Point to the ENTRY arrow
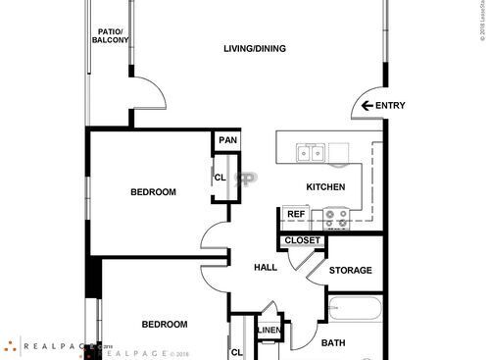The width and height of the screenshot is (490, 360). (x=367, y=106)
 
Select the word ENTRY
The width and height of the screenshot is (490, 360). (x=390, y=106)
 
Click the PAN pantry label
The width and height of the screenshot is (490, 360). (x=227, y=140)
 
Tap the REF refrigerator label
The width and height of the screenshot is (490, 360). (x=295, y=214)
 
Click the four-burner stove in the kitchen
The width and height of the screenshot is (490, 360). (x=338, y=218)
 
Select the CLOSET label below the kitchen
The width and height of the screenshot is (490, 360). (x=302, y=240)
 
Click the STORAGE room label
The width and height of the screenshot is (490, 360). (x=350, y=270)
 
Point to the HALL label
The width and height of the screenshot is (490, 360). (x=266, y=268)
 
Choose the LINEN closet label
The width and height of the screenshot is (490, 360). (x=269, y=331)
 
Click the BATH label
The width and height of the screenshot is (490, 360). (x=333, y=343)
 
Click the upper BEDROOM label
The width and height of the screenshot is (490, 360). (x=154, y=192)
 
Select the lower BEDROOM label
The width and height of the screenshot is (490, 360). (x=164, y=324)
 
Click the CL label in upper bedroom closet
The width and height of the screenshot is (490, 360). (x=220, y=178)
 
